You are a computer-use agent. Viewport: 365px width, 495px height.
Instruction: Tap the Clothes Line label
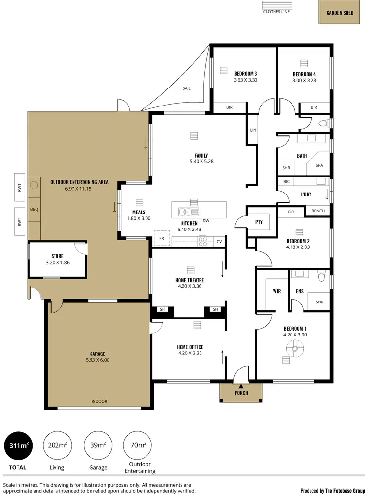click(x=276, y=12)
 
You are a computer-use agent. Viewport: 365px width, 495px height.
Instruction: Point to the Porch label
click(x=241, y=393)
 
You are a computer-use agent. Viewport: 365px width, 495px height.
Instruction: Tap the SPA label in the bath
click(x=319, y=165)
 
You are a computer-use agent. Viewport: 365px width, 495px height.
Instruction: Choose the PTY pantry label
click(x=259, y=222)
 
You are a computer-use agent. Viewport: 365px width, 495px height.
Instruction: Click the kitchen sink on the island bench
click(x=186, y=212)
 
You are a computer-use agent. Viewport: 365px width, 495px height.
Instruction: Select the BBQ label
click(x=34, y=210)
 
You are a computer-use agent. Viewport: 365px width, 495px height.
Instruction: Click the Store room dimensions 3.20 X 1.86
click(x=57, y=263)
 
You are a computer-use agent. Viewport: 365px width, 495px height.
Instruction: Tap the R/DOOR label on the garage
click(x=99, y=401)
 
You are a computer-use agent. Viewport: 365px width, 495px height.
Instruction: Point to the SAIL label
click(x=186, y=88)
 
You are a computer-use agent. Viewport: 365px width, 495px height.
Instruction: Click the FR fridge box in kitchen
click(x=161, y=239)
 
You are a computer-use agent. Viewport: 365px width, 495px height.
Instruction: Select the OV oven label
click(x=219, y=241)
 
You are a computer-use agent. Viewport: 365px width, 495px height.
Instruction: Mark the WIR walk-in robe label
click(x=277, y=292)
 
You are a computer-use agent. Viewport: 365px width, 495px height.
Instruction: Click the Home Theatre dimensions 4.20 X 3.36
click(x=189, y=286)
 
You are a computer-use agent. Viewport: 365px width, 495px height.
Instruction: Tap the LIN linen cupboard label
click(x=253, y=130)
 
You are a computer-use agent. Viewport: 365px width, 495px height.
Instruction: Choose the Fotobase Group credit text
click(x=332, y=490)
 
